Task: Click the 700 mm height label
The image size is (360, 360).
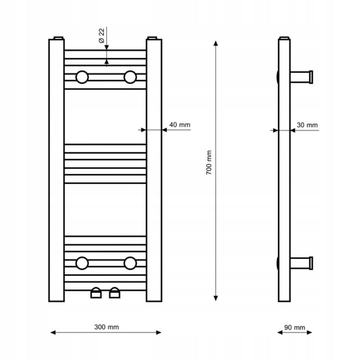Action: click(209, 163)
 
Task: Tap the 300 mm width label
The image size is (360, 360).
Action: click(107, 327)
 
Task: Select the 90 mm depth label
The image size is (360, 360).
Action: click(294, 327)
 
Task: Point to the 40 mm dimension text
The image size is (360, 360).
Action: click(180, 125)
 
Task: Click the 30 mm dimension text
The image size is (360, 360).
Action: click(307, 125)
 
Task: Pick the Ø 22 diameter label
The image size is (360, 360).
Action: click(101, 36)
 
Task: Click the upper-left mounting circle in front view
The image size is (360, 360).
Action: click(82, 77)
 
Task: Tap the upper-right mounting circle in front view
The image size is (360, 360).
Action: click(130, 77)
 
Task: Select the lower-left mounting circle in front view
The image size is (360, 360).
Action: click(82, 263)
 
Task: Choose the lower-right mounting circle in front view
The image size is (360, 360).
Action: click(130, 263)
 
